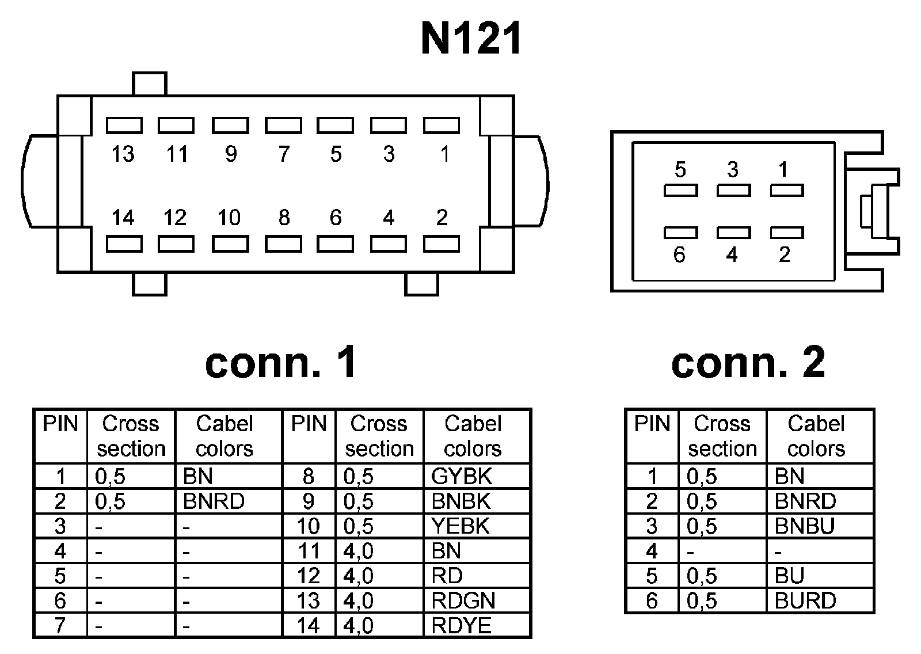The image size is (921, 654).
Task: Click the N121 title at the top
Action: pyautogui.click(x=471, y=39)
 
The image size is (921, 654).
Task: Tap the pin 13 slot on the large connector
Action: pyautogui.click(x=124, y=125)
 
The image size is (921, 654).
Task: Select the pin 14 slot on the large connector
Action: pyautogui.click(x=124, y=244)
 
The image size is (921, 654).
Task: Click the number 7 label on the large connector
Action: pyautogui.click(x=284, y=154)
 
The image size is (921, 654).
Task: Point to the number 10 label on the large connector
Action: pyautogui.click(x=229, y=218)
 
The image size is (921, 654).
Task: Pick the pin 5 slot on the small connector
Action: pyautogui.click(x=680, y=190)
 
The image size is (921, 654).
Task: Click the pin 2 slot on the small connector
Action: pyautogui.click(x=786, y=233)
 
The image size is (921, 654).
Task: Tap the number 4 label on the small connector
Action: pyautogui.click(x=732, y=254)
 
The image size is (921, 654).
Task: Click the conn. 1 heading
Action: pyautogui.click(x=281, y=363)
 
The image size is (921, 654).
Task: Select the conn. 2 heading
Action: pyautogui.click(x=748, y=363)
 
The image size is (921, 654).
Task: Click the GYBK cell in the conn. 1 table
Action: pyautogui.click(x=462, y=477)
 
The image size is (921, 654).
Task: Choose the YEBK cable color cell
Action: pyautogui.click(x=461, y=526)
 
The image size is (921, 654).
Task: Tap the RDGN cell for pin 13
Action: pyautogui.click(x=463, y=601)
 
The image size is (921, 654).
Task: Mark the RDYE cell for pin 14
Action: pyautogui.click(x=462, y=626)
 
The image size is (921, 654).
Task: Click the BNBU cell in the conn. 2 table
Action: pyautogui.click(x=805, y=526)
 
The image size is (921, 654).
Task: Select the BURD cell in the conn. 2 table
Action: pyautogui.click(x=805, y=601)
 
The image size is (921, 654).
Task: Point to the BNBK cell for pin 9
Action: pyautogui.click(x=461, y=501)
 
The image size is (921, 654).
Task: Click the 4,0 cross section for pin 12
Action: pyautogui.click(x=359, y=576)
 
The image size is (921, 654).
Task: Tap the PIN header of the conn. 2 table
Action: pyautogui.click(x=652, y=424)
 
